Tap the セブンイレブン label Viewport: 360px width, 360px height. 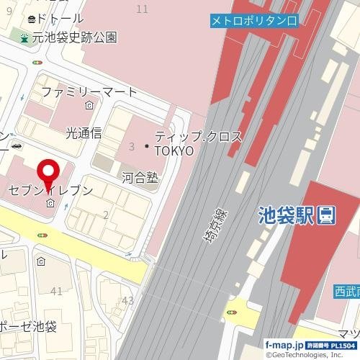(x=50, y=191)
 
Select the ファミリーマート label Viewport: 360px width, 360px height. (x=89, y=92)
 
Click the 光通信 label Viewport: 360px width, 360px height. (x=84, y=132)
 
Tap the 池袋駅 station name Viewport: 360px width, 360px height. (x=287, y=215)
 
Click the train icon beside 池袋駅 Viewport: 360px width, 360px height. (x=327, y=214)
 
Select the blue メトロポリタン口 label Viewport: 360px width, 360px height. (x=253, y=22)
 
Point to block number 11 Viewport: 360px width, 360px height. (x=142, y=9)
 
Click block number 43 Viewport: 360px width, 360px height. (x=128, y=300)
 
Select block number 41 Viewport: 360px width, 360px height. (x=57, y=291)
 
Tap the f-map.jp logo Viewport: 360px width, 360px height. (x=281, y=345)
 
